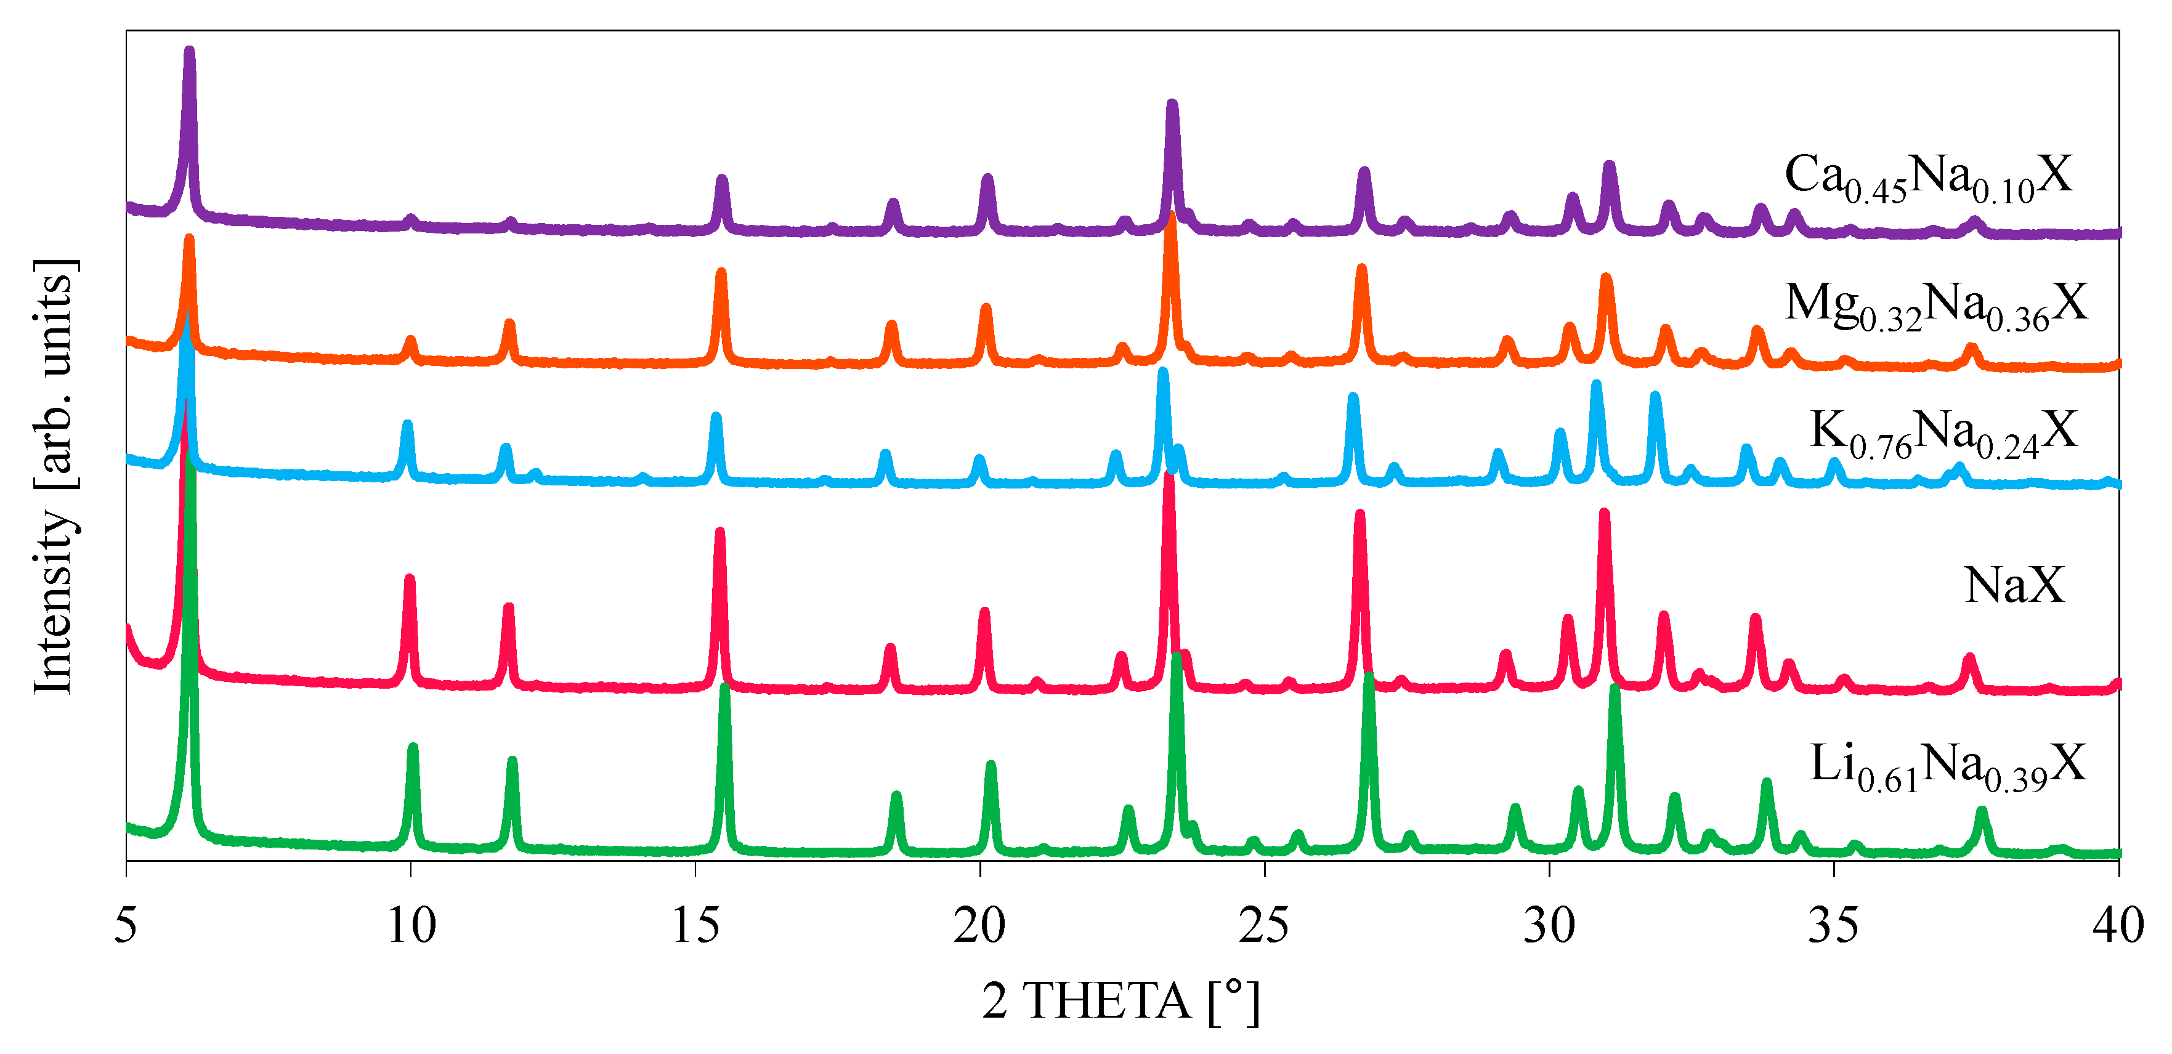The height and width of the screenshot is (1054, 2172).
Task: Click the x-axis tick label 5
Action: tap(126, 925)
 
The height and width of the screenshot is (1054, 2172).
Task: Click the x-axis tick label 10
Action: tap(411, 925)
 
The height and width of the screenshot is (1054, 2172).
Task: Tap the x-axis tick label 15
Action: tap(695, 925)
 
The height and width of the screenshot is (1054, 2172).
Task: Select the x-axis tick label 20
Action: tap(980, 925)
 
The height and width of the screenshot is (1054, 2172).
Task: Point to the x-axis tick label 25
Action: tap(1264, 925)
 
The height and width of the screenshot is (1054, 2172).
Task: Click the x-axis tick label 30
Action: tap(1549, 925)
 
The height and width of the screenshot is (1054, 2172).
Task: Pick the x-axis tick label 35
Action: tap(1833, 925)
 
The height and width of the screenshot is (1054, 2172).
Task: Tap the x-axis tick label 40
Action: tap(2118, 925)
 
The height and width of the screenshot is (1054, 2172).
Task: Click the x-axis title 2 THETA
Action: tap(1121, 1001)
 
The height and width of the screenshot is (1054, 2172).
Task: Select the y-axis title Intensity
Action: tap(55, 476)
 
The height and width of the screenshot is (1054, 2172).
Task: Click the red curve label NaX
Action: tap(2014, 585)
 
